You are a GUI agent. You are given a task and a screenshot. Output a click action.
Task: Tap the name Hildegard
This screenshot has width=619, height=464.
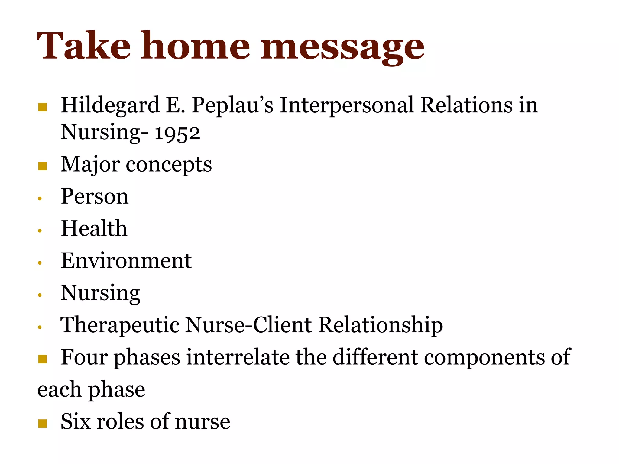110,106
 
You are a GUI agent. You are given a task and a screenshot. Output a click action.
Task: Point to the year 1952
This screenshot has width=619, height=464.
177,133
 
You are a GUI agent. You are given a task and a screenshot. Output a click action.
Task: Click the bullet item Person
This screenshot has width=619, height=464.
95,197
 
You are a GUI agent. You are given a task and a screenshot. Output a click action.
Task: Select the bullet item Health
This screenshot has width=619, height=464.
94,228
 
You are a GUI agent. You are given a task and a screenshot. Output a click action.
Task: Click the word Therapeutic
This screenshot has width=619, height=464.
120,325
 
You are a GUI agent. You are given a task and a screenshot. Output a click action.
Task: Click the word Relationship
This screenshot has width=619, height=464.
381,326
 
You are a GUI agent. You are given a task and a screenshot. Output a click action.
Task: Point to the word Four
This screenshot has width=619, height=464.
84,357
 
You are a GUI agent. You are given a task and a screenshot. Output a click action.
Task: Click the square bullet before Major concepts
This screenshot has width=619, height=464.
43,166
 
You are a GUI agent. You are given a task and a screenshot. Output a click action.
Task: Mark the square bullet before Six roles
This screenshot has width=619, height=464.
43,424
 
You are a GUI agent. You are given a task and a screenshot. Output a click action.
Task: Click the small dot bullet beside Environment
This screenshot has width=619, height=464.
40,263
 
